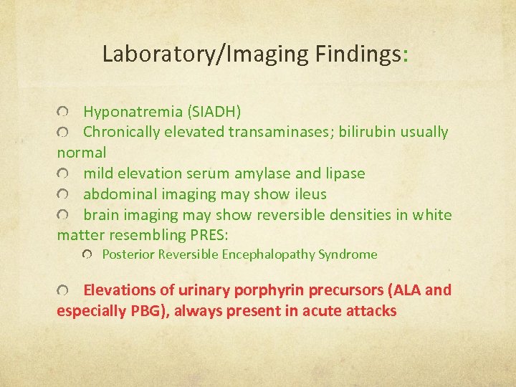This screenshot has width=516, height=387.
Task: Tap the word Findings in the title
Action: click(359, 54)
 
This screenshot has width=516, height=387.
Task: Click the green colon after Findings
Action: click(406, 55)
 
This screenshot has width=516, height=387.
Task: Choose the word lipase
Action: click(343, 173)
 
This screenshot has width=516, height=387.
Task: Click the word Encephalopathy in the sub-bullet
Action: click(268, 254)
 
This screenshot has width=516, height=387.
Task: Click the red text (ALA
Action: click(403, 290)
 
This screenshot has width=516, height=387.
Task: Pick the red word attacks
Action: click(371, 311)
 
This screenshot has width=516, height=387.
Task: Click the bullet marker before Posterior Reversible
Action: click(87, 255)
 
